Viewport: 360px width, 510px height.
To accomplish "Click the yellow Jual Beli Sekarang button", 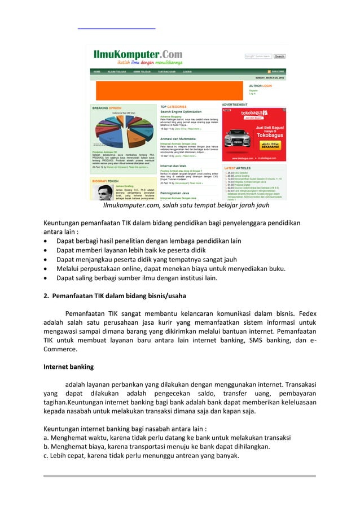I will coord(269,145).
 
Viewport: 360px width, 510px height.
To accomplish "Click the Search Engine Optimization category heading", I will coord(184,111).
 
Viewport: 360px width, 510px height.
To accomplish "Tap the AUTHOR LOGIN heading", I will coord(260,86).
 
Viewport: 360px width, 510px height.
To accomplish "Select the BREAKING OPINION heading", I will coord(107,107).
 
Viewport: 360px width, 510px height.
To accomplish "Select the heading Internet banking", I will coord(68,367).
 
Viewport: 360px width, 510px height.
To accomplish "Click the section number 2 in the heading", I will coord(46,295).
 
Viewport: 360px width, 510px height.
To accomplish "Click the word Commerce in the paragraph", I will coord(61,350).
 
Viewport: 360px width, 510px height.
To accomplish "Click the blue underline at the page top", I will coord(116,28).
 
